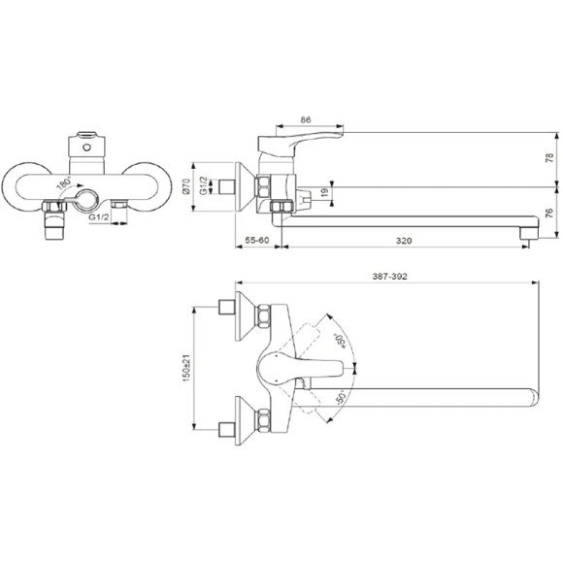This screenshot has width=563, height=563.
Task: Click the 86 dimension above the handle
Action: pyautogui.click(x=305, y=120)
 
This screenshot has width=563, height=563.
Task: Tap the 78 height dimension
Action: pyautogui.click(x=549, y=158)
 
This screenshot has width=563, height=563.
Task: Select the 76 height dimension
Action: pyautogui.click(x=549, y=213)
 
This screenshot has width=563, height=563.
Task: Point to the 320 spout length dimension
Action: pyautogui.click(x=404, y=241)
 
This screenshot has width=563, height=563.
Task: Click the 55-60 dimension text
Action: pyautogui.click(x=256, y=240)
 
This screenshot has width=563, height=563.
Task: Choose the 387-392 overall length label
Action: pyautogui.click(x=389, y=276)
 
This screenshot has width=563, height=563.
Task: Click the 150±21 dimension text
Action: pyautogui.click(x=186, y=368)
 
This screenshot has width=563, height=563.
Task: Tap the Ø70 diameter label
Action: pyautogui.click(x=186, y=186)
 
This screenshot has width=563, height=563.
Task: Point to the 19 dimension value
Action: pyautogui.click(x=324, y=192)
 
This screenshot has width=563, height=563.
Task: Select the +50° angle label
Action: pyautogui.click(x=340, y=341)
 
